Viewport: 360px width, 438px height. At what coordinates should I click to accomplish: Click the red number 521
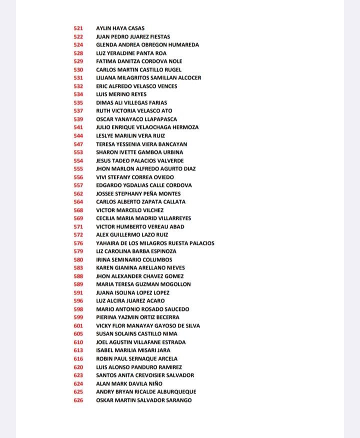click(78, 28)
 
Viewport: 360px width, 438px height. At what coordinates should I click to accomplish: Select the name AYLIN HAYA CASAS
click(120, 28)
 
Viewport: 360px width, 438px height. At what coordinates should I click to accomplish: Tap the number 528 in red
click(78, 53)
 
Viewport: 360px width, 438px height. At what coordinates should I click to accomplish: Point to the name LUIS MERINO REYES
click(121, 94)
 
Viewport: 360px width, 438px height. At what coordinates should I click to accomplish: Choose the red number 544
click(78, 135)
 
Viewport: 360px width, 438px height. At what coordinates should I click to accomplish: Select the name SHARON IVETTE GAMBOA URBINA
click(139, 152)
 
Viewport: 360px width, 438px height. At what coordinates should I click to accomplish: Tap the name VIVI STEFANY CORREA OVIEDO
click(135, 177)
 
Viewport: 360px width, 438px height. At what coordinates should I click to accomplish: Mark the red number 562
click(78, 193)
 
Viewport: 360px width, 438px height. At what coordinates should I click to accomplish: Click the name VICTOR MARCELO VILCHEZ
click(129, 210)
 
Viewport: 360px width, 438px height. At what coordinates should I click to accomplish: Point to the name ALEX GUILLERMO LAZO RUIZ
click(132, 234)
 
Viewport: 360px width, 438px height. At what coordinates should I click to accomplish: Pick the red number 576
click(78, 243)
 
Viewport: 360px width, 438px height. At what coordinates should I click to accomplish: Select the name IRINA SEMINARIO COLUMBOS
click(134, 259)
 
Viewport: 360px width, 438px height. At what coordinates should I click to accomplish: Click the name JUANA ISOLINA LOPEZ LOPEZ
click(132, 292)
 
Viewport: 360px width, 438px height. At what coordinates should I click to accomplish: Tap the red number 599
click(78, 317)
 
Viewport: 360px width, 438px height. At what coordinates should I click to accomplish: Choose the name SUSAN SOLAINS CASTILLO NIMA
click(136, 333)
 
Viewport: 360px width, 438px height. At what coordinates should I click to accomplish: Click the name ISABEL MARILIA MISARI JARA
click(133, 350)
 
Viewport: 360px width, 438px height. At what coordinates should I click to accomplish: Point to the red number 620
click(78, 367)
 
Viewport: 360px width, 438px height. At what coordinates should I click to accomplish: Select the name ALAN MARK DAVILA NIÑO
click(129, 383)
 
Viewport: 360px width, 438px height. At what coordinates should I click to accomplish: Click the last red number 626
click(78, 400)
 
